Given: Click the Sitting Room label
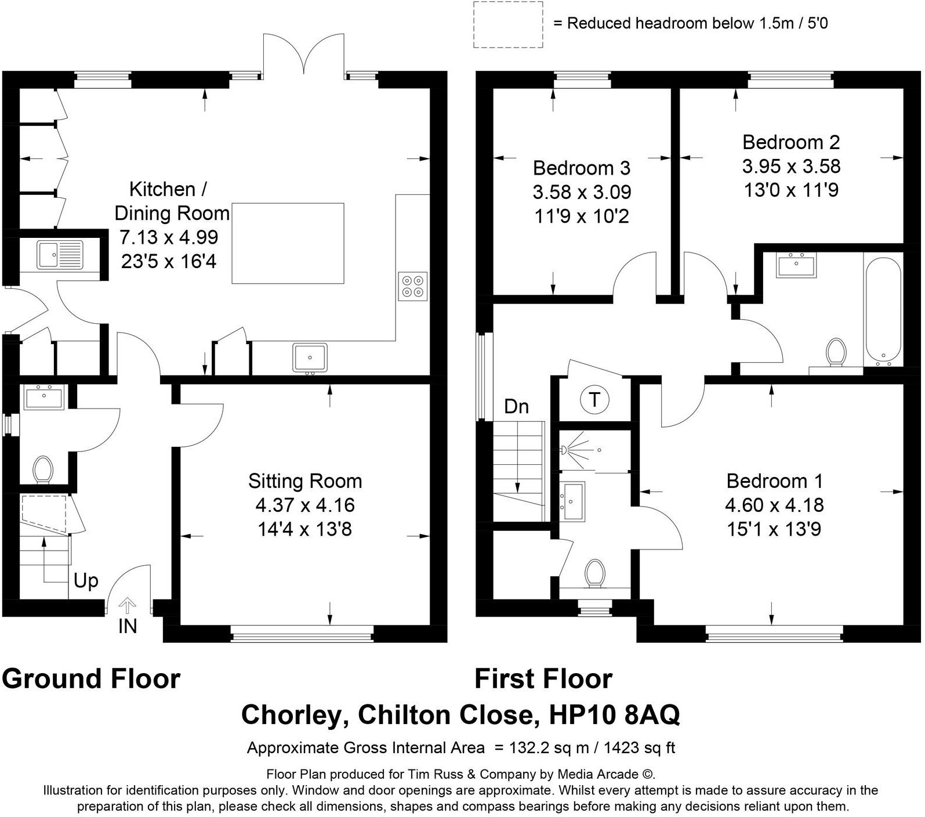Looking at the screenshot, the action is coord(305,481).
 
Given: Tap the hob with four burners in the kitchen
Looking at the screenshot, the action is coord(413,286).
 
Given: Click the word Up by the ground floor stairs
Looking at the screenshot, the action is coord(86,581).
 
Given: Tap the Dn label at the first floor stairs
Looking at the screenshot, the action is coord(516,407).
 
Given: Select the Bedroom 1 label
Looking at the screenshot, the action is coord(774,481).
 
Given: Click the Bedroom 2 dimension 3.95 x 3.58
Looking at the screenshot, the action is coord(791,167).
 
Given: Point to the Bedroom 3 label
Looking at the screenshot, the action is coord(581,168).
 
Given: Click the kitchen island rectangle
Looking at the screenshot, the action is coord(288,244).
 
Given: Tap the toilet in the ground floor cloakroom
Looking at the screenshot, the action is coord(42,469).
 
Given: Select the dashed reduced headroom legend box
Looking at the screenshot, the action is coord(508,25).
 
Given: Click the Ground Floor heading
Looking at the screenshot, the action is coord(91,679).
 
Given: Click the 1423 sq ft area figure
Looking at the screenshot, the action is coord(640,748).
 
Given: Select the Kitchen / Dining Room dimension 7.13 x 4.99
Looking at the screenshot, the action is coord(169,237).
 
